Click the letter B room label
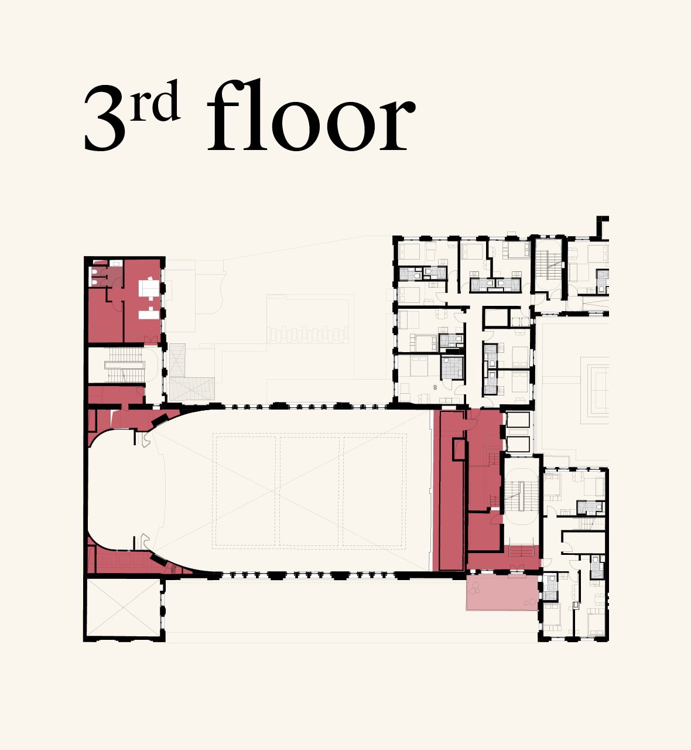point(435,387)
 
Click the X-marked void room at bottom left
point(124,608)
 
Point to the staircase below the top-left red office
point(125,366)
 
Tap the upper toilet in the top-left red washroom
point(94,271)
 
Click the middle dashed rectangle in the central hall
point(309,492)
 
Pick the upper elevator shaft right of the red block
point(518,420)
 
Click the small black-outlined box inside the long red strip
point(459,449)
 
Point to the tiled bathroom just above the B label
point(452,367)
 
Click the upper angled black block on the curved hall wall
point(159,419)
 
